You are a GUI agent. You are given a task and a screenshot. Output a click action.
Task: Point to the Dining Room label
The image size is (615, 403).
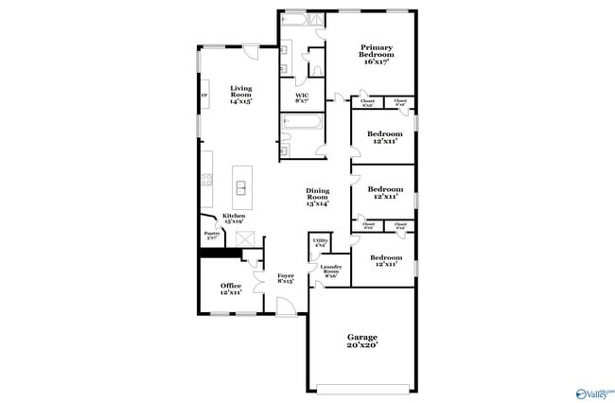(317, 197)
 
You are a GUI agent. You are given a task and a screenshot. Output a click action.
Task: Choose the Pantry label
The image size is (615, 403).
(211, 236)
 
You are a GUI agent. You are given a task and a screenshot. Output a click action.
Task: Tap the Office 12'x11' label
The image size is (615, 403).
(231, 288)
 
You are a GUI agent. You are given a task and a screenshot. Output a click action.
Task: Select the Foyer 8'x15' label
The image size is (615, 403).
(285, 278)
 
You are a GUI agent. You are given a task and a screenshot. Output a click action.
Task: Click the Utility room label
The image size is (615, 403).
(320, 243)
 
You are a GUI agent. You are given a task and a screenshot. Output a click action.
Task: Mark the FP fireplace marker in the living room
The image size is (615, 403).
(202, 96)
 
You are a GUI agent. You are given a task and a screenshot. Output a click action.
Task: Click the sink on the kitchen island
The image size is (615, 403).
(241, 187)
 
